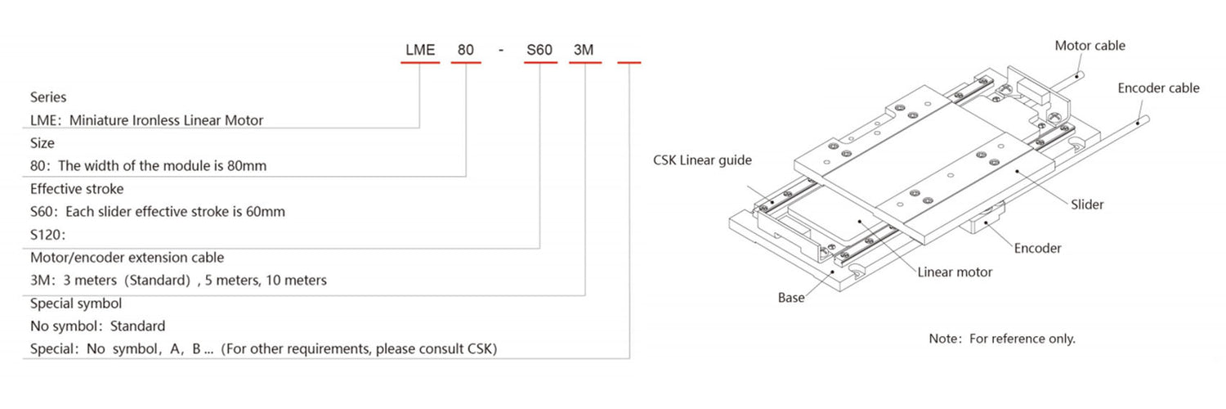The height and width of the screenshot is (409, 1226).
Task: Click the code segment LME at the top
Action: [x=419, y=50]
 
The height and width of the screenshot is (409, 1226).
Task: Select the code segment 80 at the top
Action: [x=465, y=50]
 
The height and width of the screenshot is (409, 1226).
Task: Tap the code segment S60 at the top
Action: [x=539, y=50]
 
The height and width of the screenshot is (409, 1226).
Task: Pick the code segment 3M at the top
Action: [x=584, y=50]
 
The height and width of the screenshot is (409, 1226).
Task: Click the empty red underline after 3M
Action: [x=629, y=63]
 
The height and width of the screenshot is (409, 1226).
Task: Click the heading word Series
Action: [x=48, y=97]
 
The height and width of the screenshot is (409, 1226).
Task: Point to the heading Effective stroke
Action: [x=77, y=189]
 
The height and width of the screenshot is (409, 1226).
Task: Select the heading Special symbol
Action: [x=76, y=303]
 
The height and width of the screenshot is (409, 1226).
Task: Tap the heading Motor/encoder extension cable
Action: [x=127, y=258]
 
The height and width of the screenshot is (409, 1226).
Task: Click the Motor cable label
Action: [x=1090, y=46]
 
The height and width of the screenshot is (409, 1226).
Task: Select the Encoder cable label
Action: [x=1158, y=88]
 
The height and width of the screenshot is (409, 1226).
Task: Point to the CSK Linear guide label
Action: [x=701, y=160]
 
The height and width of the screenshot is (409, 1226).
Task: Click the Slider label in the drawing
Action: [x=1087, y=204]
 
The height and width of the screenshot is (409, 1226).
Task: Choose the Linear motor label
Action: [x=955, y=272]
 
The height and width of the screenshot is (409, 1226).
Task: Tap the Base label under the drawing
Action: [x=790, y=299]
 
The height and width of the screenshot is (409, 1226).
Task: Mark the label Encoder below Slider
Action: [x=1037, y=248]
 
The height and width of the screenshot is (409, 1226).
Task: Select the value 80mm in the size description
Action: [x=248, y=166]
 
